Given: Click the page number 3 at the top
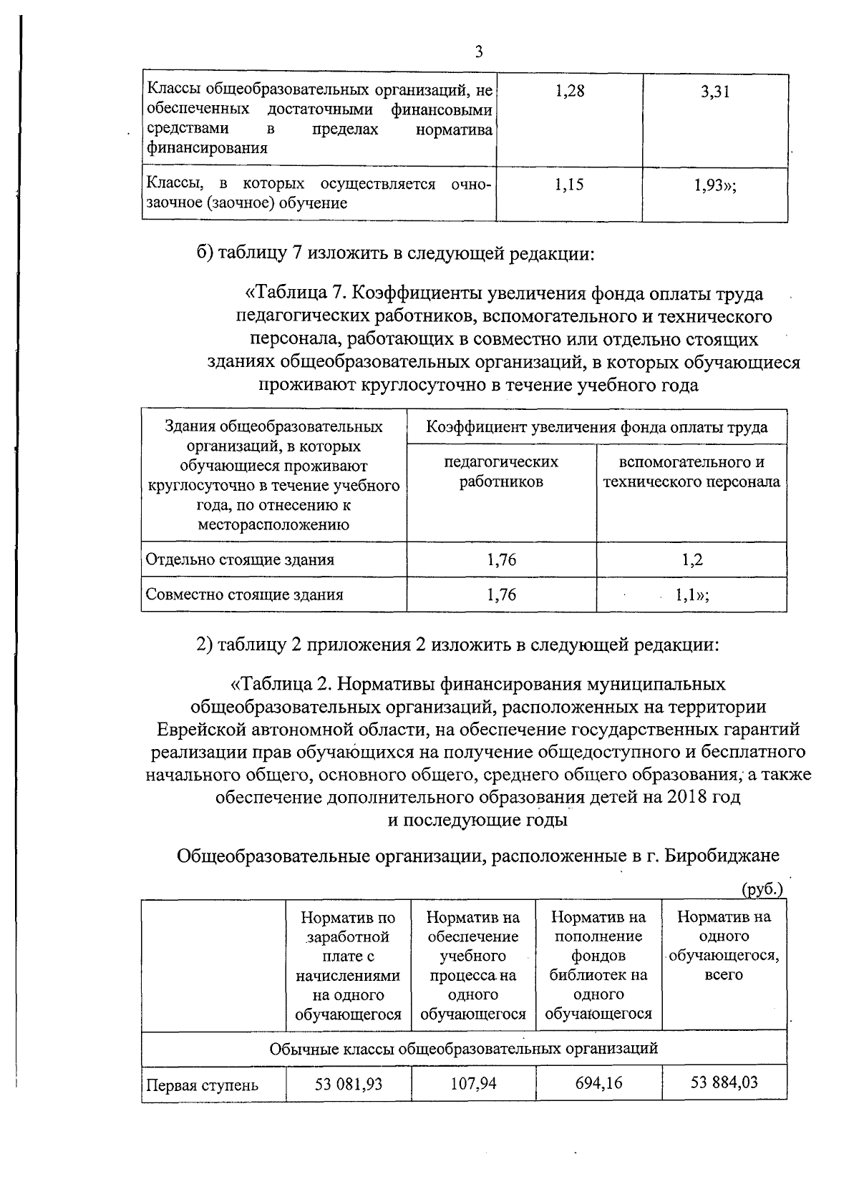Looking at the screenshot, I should pos(479,52).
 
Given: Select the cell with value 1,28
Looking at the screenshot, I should pos(570,92).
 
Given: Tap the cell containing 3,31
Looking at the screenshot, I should pos(715,92).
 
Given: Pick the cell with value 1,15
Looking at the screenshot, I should pos(570,185).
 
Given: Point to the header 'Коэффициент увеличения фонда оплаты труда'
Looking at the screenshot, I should pos(597,428).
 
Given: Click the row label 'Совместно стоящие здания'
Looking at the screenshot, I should pos(244,594).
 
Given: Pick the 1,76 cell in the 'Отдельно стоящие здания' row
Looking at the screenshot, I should pos(501,559).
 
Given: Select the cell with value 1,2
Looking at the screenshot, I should pos(692,559).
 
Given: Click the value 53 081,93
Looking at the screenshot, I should pos(349,1084).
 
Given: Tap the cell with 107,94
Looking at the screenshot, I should pos(473,1084).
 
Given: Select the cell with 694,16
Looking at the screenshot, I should pos(598,1083).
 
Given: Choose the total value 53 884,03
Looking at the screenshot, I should pos(724,1082).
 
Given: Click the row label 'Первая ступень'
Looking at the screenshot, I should pos(202,1085).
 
